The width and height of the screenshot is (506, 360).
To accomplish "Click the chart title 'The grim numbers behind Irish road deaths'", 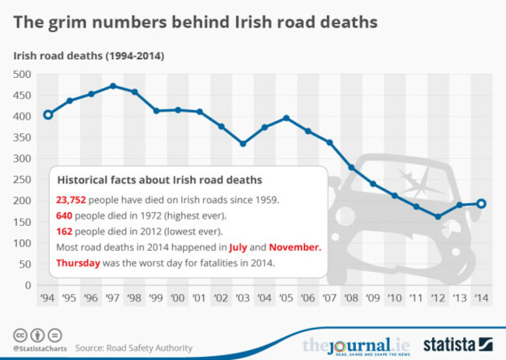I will click(x=195, y=23).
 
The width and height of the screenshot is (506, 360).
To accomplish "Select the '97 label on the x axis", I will click(x=113, y=297).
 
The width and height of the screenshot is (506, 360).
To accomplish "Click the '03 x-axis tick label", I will click(x=243, y=297).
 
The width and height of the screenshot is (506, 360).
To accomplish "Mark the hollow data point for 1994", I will click(x=48, y=115).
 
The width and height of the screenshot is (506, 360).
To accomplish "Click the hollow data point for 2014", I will click(x=481, y=203).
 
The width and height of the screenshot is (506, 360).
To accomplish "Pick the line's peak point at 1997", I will click(x=113, y=86).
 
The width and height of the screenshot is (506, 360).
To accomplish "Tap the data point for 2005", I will click(x=286, y=118).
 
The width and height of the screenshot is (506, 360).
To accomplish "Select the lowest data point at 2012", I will click(x=438, y=217).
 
